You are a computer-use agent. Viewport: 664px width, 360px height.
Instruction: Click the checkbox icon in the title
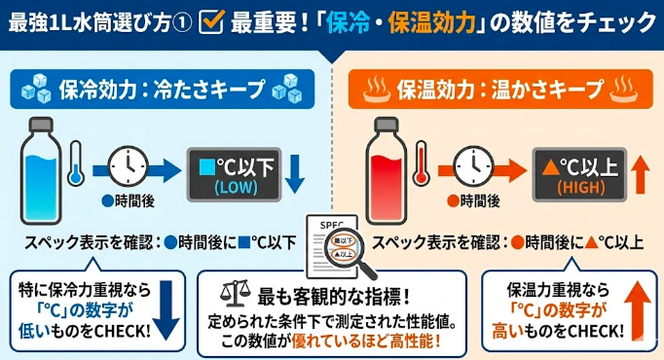click(211, 20)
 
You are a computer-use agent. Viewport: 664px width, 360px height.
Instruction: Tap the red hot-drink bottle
click(382, 160)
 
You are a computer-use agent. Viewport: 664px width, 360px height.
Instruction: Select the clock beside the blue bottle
click(127, 166)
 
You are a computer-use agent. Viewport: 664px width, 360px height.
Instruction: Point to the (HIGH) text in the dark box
click(573, 186)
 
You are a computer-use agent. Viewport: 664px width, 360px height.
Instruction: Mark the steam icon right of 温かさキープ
click(623, 90)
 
